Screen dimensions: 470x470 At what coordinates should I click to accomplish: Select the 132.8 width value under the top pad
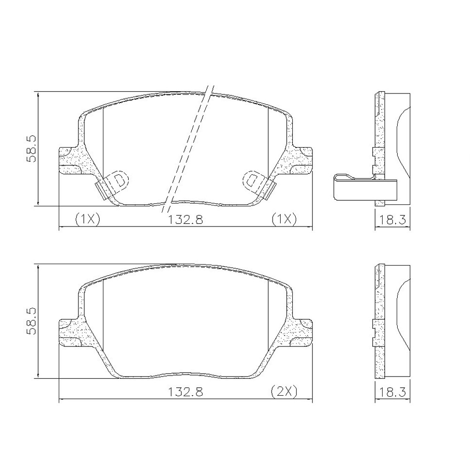[186, 219]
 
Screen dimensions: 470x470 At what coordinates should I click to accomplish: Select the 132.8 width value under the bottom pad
[186, 392]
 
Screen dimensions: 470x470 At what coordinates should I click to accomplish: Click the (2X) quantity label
[284, 392]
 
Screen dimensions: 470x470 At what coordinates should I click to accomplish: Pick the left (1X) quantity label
[87, 219]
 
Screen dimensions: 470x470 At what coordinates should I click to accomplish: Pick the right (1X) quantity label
[284, 219]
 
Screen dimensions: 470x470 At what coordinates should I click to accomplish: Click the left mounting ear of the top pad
[70, 160]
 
